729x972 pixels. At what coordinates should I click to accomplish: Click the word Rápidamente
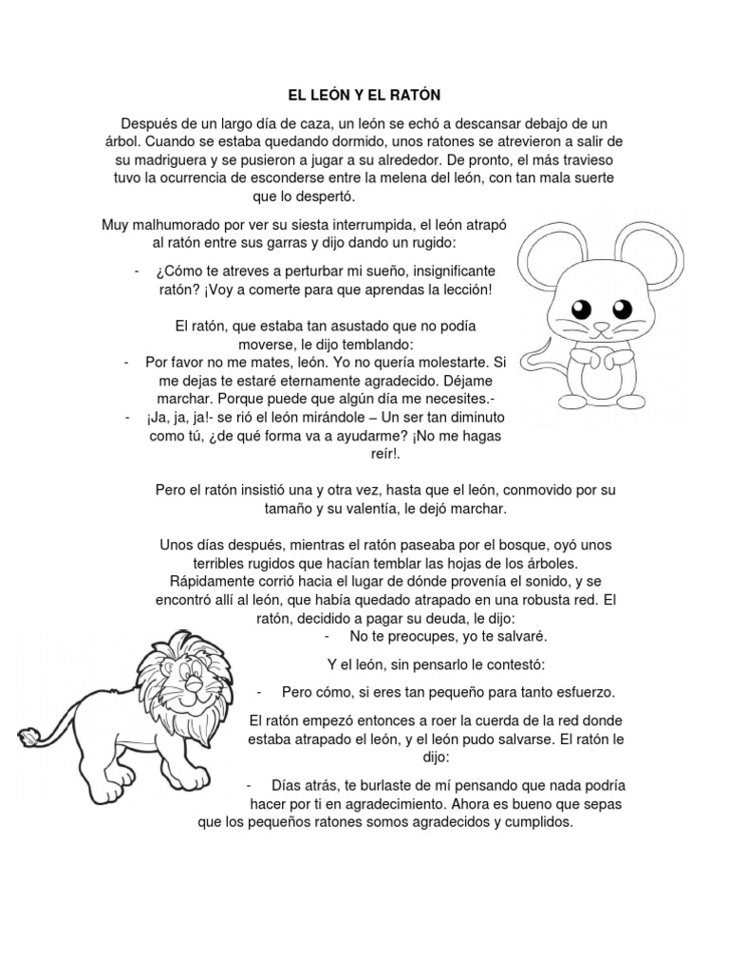click(211, 581)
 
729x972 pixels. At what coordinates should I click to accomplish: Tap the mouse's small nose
click(600, 327)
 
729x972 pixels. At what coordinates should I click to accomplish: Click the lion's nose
click(193, 691)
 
